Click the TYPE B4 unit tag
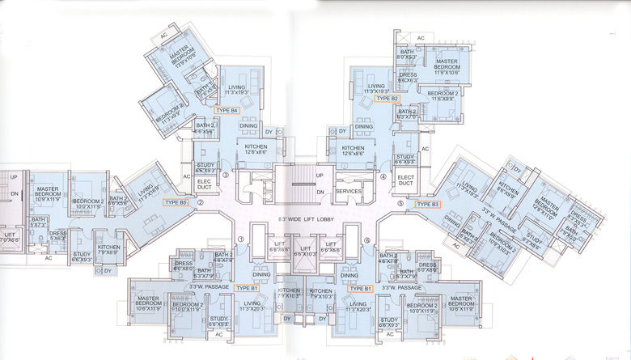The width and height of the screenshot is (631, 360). [227, 110]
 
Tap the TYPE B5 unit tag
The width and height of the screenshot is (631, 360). [176, 202]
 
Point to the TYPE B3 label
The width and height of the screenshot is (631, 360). [428, 205]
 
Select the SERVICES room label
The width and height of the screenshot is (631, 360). [348, 191]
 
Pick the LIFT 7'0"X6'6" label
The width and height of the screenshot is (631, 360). [9, 236]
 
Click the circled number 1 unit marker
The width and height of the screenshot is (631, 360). [241, 239]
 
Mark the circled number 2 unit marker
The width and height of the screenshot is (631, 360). [200, 214]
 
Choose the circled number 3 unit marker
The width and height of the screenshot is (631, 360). [226, 174]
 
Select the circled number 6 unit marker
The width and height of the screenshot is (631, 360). [366, 240]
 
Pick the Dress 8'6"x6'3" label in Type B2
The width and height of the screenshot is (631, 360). [408, 78]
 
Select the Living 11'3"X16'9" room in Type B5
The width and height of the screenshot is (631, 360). [146, 195]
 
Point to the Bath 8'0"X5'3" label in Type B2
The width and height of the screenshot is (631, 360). [406, 54]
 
